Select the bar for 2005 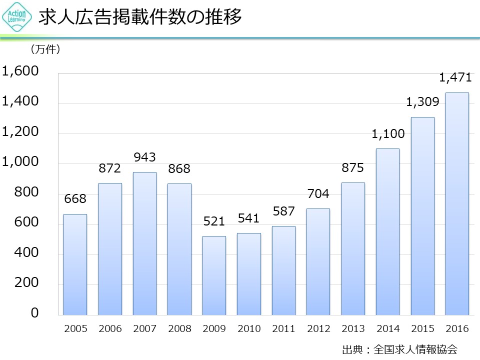(x=75, y=264)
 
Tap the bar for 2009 (x=214, y=275)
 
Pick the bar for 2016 (x=457, y=203)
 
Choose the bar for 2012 (x=318, y=261)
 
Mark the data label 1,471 (x=455, y=77)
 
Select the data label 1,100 (x=388, y=134)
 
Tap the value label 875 (x=352, y=168)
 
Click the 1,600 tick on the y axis (x=20, y=71)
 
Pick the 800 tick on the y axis (x=27, y=192)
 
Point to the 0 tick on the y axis (x=35, y=313)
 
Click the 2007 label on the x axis (x=144, y=328)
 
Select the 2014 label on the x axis (x=388, y=328)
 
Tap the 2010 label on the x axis (x=249, y=328)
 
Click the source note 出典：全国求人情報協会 (x=399, y=348)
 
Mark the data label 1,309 (x=422, y=102)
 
